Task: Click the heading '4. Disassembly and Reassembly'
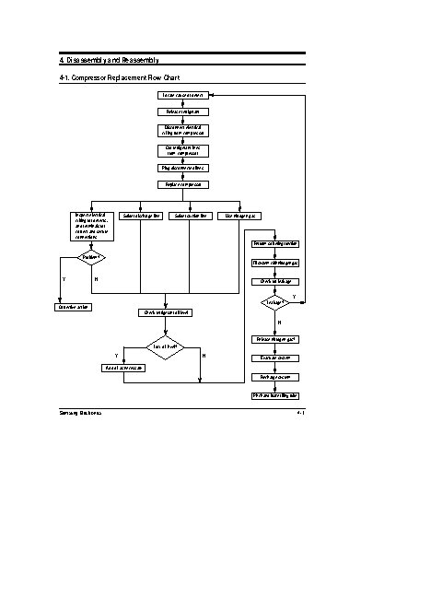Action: click(x=108, y=60)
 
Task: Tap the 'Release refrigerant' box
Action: click(x=183, y=111)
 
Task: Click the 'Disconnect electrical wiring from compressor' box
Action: click(x=183, y=131)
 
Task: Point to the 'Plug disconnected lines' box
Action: click(x=183, y=168)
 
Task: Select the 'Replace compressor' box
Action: click(x=183, y=184)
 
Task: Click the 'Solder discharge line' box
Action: click(x=141, y=216)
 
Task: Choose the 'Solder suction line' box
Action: click(x=190, y=216)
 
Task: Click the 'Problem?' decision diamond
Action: click(x=90, y=257)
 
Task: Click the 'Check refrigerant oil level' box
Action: click(x=167, y=312)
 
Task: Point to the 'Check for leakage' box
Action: click(x=275, y=281)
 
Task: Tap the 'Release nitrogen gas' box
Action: click(x=275, y=339)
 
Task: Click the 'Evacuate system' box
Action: click(x=275, y=358)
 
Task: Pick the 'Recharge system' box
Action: click(x=275, y=377)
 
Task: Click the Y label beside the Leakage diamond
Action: click(x=294, y=296)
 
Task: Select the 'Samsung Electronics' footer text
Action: click(x=80, y=414)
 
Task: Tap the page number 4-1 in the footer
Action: click(x=300, y=414)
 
